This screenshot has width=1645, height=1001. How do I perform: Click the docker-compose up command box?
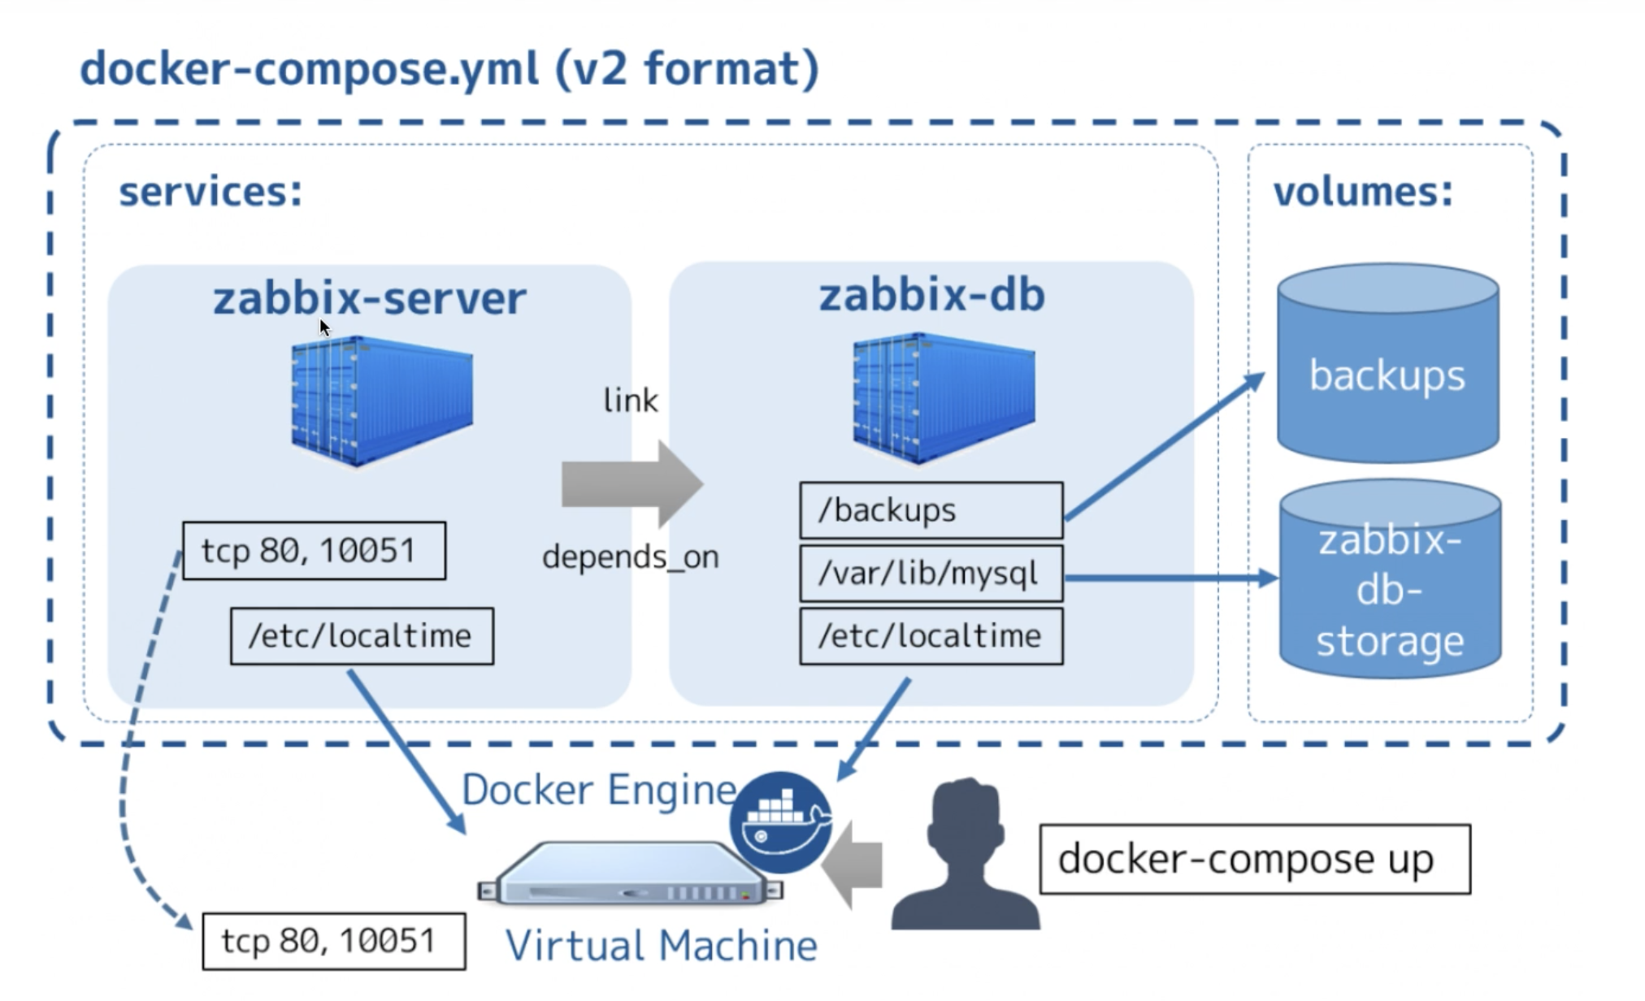(1255, 859)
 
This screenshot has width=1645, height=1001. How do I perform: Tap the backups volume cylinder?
(1388, 362)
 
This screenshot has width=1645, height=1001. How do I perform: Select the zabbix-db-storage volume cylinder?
(1390, 578)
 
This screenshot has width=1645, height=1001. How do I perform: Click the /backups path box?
(931, 510)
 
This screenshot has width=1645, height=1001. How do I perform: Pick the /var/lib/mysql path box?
(931, 574)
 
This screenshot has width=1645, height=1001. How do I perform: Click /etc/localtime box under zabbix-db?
(931, 636)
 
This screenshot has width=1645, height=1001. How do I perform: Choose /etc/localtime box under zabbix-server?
(362, 636)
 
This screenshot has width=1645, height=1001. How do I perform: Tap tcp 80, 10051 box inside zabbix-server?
(315, 551)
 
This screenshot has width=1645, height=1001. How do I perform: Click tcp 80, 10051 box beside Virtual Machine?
(334, 941)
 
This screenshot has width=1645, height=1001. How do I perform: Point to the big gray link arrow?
(632, 484)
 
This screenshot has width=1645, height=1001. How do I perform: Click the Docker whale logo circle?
(781, 822)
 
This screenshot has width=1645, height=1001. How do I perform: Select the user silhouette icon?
(966, 855)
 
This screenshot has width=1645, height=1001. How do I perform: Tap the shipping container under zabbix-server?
(382, 401)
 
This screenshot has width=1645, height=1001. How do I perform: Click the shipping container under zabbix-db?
(944, 398)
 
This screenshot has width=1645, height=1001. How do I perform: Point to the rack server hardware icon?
(630, 874)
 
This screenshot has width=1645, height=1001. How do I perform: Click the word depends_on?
(631, 557)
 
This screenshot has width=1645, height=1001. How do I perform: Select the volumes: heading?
(1363, 192)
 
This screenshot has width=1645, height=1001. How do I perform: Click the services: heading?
(211, 192)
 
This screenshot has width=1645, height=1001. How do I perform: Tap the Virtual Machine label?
(662, 946)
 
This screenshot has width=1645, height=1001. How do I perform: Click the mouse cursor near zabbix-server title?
(324, 327)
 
